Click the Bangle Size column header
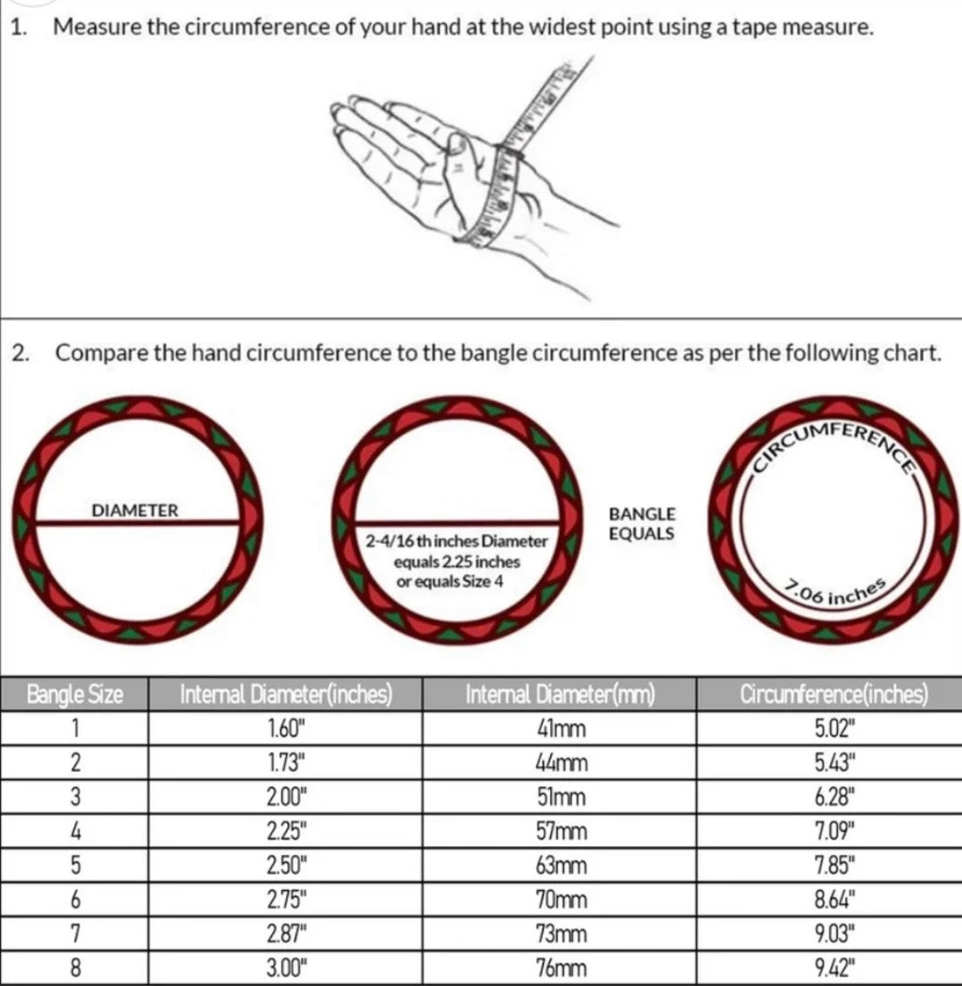[x=75, y=694]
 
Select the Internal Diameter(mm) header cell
[x=560, y=694]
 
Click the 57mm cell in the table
[x=561, y=831]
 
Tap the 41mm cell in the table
[x=561, y=729]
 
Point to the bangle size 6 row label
[x=75, y=900]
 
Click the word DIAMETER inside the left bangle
[x=136, y=511]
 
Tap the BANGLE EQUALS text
[x=642, y=524]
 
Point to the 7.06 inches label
[x=835, y=592]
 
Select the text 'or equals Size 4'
[x=449, y=581]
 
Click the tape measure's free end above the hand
[x=590, y=58]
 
